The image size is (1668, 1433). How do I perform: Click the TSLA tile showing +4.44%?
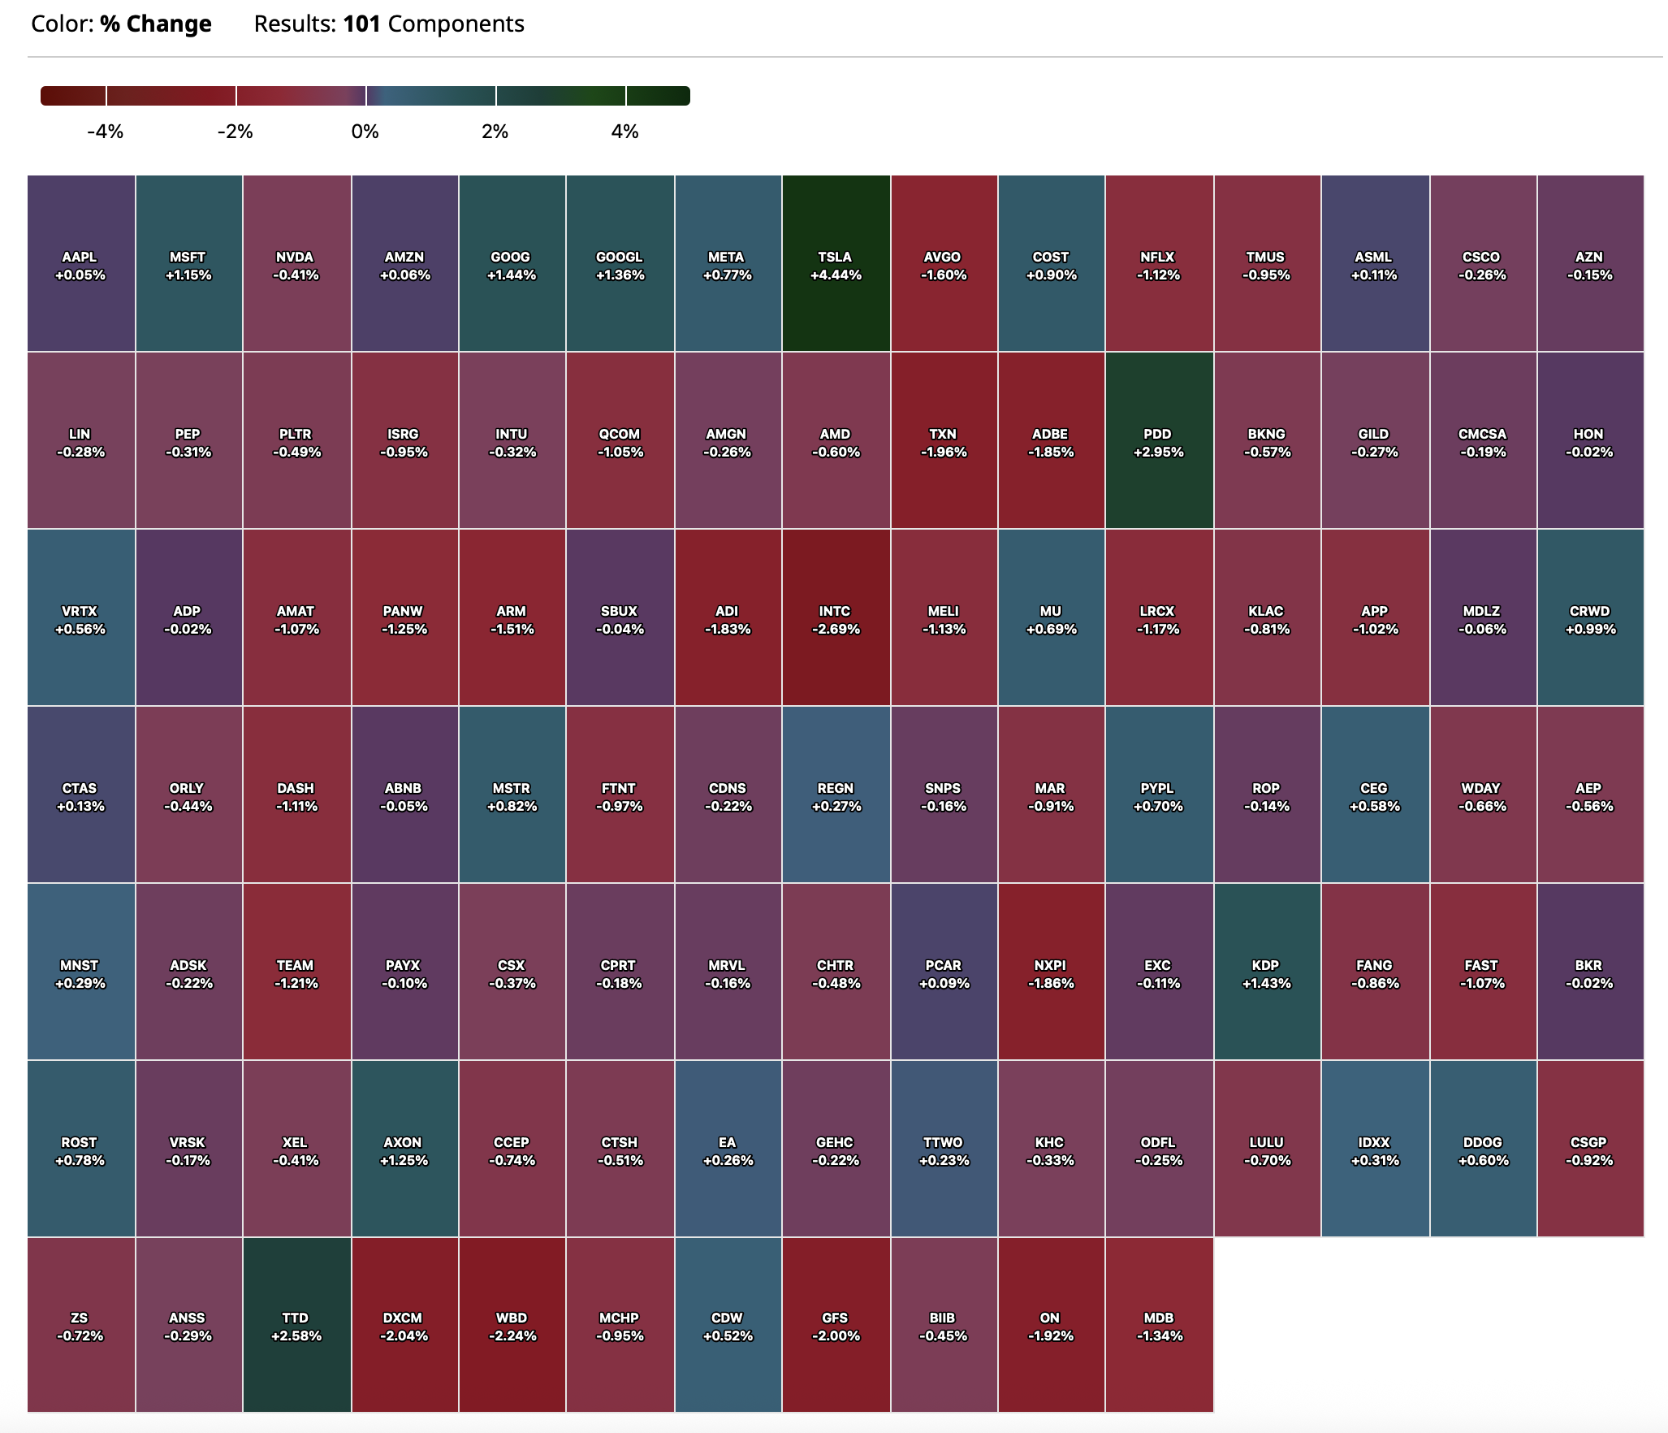pos(836,264)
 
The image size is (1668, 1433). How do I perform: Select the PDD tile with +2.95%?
pos(1158,441)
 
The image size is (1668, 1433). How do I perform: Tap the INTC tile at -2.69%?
pos(836,618)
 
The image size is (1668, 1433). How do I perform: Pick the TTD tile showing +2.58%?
pos(296,1325)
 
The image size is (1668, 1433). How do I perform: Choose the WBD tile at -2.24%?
pos(512,1325)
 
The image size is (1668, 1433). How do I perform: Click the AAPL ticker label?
pos(80,257)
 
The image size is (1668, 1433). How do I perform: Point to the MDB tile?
pos(1159,1325)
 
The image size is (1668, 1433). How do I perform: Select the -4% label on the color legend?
pos(106,132)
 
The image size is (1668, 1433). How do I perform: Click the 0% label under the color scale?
pos(365,132)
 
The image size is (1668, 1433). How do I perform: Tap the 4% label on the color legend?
pos(624,132)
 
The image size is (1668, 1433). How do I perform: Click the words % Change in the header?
pos(156,24)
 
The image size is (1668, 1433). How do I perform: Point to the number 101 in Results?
pos(361,24)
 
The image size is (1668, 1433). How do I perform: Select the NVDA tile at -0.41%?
pos(296,264)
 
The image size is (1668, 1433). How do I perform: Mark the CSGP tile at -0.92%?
pos(1589,1149)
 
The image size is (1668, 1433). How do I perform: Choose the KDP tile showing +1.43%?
pos(1266,972)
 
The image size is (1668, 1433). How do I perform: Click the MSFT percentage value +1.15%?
pos(188,275)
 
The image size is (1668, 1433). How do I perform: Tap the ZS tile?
pos(80,1325)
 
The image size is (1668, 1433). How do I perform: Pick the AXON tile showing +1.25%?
pos(404,1149)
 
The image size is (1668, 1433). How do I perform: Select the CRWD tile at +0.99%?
pos(1590,618)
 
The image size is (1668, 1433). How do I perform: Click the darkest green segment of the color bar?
pos(658,96)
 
